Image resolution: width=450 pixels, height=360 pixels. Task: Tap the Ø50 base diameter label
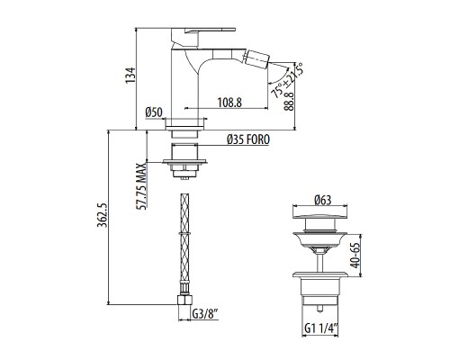(154, 112)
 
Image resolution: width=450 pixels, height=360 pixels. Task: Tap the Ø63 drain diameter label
(321, 201)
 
